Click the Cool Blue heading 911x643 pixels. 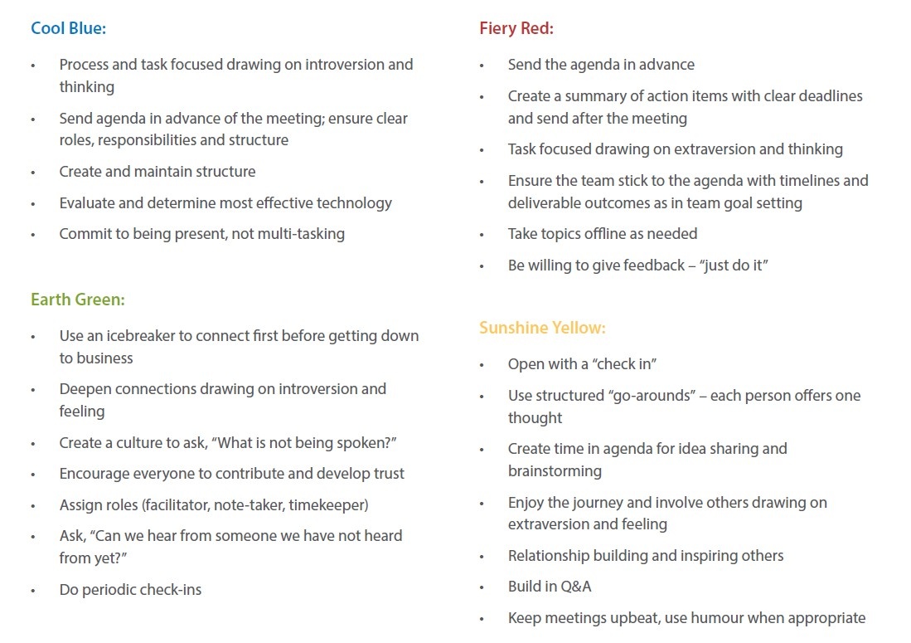69,28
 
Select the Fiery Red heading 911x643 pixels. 516,28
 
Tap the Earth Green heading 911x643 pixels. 78,300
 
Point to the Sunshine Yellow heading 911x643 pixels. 542,328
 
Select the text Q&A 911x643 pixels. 576,587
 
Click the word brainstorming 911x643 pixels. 555,471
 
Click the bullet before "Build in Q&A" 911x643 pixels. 482,587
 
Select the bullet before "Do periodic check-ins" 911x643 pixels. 34,591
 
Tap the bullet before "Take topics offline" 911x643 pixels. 482,235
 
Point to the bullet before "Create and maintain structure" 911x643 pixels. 34,173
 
